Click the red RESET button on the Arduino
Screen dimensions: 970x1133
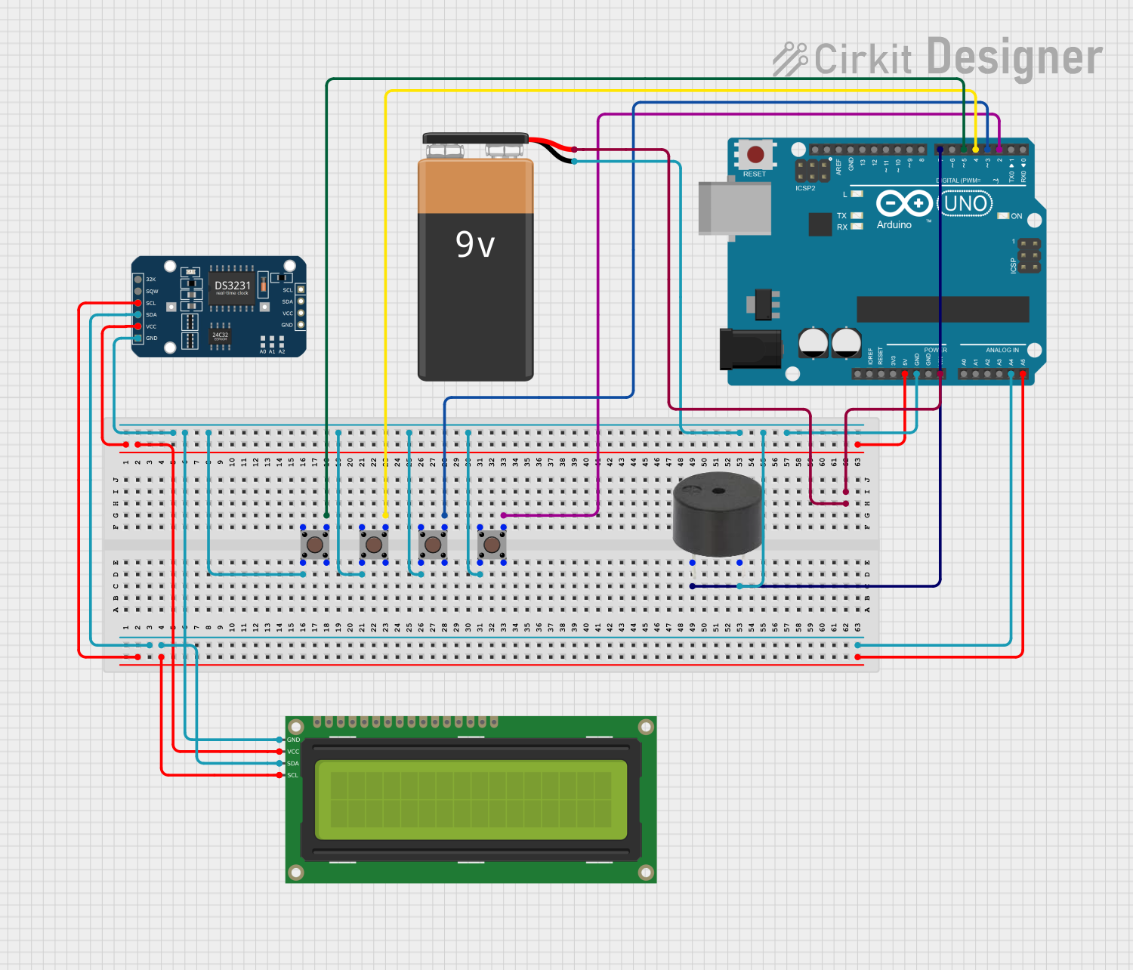755,155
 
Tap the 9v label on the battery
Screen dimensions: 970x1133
475,245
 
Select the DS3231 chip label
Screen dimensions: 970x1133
232,286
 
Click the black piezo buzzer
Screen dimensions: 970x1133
718,514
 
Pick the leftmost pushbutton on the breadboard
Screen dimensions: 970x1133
315,544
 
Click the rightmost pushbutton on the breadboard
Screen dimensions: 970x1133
492,544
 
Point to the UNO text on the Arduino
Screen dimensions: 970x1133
965,203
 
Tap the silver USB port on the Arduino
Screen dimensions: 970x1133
733,209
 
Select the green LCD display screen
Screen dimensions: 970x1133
471,800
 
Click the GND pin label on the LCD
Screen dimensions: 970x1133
293,740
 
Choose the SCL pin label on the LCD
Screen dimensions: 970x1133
293,775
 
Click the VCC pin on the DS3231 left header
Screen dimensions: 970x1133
138,326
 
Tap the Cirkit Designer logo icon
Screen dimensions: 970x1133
790,59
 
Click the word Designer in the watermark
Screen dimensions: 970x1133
1014,57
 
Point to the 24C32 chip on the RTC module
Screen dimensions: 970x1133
220,335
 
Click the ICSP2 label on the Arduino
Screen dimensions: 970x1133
805,188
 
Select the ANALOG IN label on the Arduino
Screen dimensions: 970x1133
1002,350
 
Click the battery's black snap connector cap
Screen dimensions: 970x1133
475,138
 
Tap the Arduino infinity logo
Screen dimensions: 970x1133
903,203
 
